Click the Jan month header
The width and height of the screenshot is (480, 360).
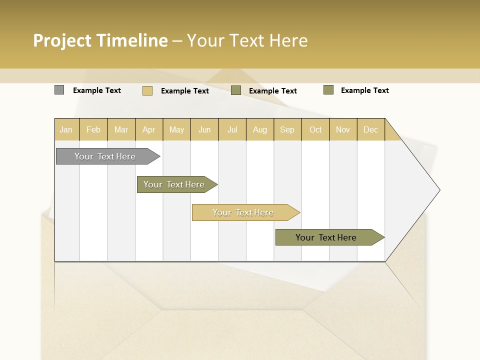pyautogui.click(x=66, y=129)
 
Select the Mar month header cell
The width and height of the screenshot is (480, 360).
pyautogui.click(x=121, y=129)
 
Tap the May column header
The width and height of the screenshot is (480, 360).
pyautogui.click(x=176, y=129)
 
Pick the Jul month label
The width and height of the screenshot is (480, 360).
pyautogui.click(x=232, y=129)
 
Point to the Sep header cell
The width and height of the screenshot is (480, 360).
pyautogui.click(x=287, y=129)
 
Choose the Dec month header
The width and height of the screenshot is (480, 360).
pyautogui.click(x=370, y=129)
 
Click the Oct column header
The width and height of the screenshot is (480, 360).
pyautogui.click(x=315, y=129)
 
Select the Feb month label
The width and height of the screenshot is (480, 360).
pyautogui.click(x=93, y=129)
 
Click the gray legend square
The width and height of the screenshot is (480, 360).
pyautogui.click(x=59, y=90)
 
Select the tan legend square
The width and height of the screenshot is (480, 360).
pyautogui.click(x=147, y=90)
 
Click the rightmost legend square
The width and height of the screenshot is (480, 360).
pyautogui.click(x=328, y=90)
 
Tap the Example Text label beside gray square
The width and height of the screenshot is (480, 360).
pyautogui.click(x=97, y=90)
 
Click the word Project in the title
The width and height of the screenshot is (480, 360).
pyautogui.click(x=62, y=40)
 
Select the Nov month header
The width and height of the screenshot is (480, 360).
pyautogui.click(x=343, y=129)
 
